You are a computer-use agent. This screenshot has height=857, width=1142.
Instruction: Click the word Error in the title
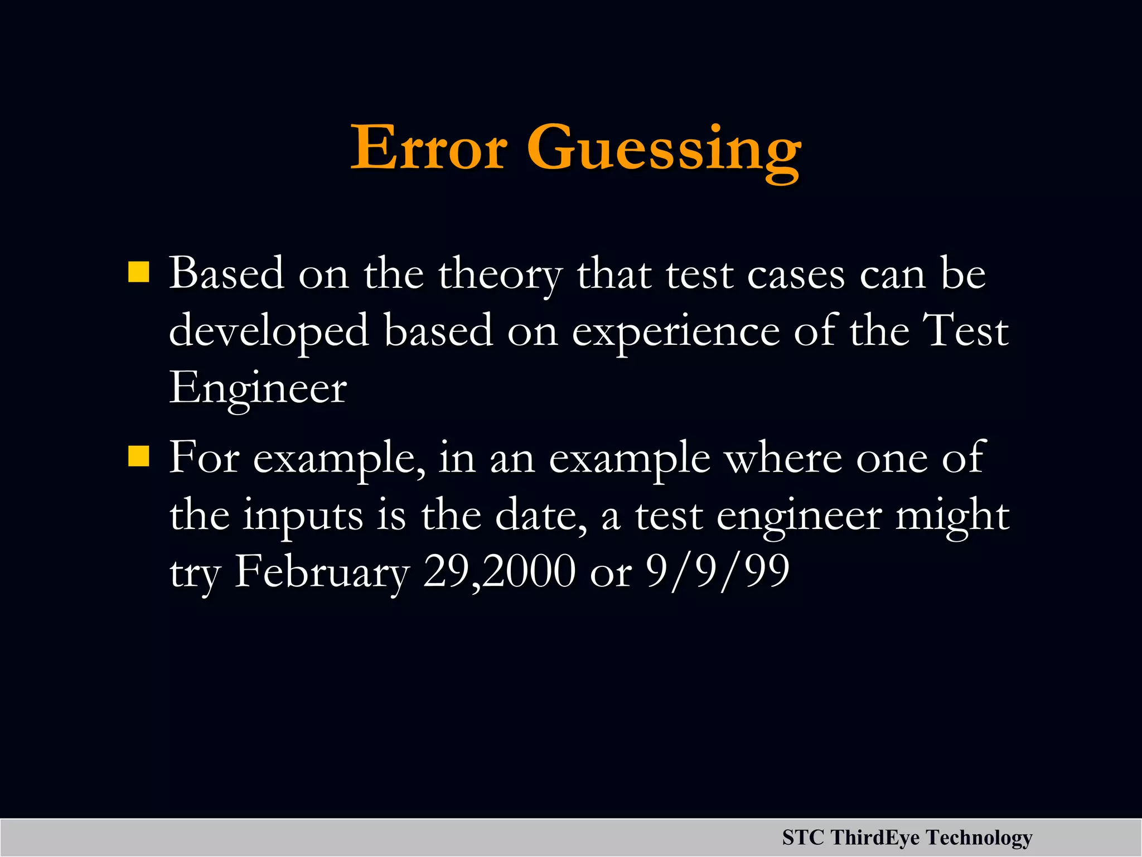(428, 148)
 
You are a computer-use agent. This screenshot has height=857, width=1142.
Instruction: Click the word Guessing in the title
(664, 151)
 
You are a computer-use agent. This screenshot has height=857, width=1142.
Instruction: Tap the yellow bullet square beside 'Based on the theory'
(138, 273)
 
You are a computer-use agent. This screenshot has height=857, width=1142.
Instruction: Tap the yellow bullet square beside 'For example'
(138, 456)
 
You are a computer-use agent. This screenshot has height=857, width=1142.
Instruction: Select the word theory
(500, 275)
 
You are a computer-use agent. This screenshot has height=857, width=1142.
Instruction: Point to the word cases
(796, 275)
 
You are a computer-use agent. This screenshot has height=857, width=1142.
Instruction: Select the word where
(782, 458)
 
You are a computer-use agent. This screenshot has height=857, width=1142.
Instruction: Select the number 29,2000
(499, 572)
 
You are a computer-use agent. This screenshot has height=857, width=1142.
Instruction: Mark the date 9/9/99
(717, 572)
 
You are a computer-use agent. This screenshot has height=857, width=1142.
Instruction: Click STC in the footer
(802, 837)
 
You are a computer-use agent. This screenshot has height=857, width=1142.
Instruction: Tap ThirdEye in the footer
(875, 837)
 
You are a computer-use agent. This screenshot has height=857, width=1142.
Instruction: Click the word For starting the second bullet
(204, 458)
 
